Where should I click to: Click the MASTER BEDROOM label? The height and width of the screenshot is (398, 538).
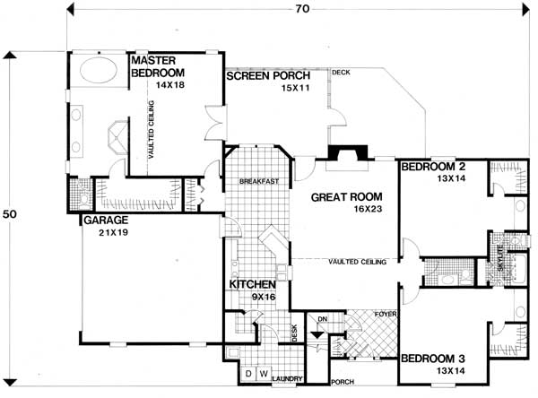157,66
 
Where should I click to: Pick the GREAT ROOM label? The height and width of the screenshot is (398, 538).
346,196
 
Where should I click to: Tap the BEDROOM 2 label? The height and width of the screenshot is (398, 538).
434,167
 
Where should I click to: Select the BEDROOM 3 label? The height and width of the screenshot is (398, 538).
434,359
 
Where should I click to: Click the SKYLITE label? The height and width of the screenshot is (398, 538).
501,264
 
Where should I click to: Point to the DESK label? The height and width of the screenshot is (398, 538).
294,331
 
